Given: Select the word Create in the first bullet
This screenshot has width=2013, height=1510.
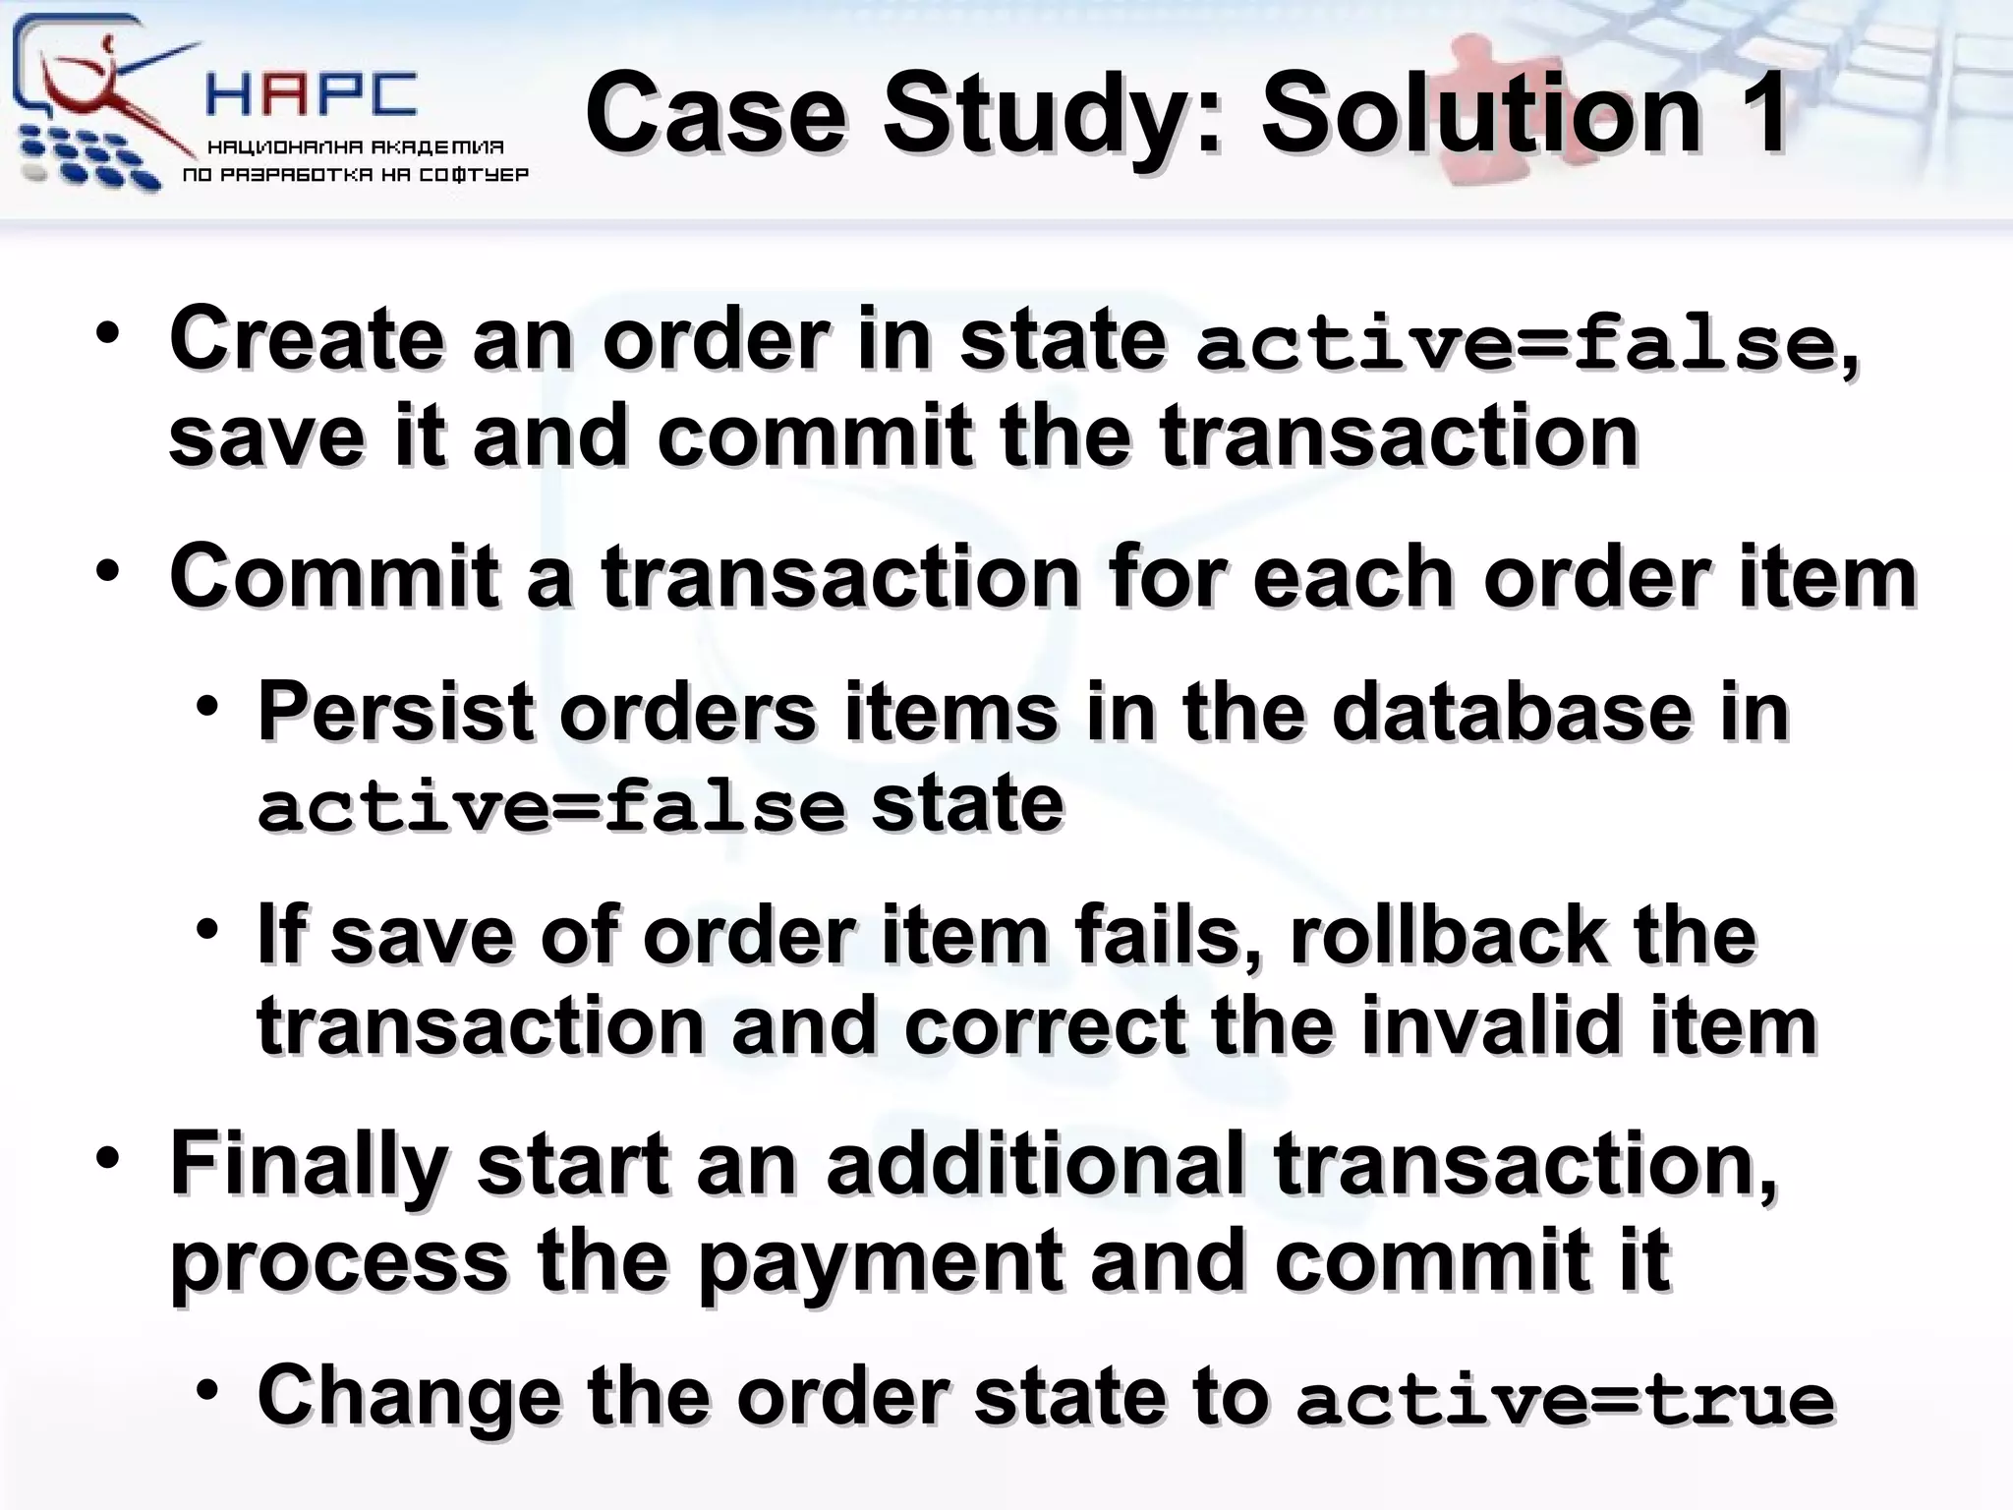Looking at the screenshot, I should click(x=306, y=339).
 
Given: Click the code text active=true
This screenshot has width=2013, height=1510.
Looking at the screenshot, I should click(x=1565, y=1401).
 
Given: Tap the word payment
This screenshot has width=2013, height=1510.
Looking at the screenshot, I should click(x=881, y=1262).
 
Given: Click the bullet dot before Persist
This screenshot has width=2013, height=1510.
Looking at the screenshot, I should click(x=206, y=706).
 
